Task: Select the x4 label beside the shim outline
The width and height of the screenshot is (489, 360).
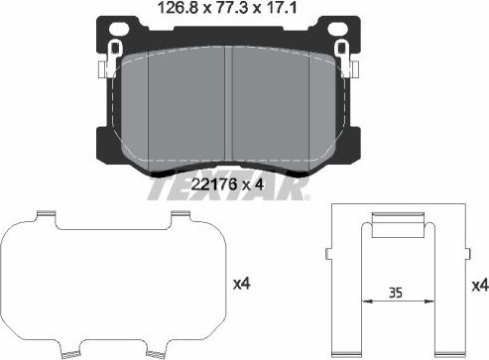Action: click(x=240, y=285)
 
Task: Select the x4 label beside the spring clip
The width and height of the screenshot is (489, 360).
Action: click(x=479, y=285)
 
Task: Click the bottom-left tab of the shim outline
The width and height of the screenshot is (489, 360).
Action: click(x=71, y=353)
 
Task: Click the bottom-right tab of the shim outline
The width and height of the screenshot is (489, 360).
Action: click(x=156, y=353)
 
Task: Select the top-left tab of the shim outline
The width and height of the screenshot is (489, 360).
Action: click(x=44, y=216)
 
